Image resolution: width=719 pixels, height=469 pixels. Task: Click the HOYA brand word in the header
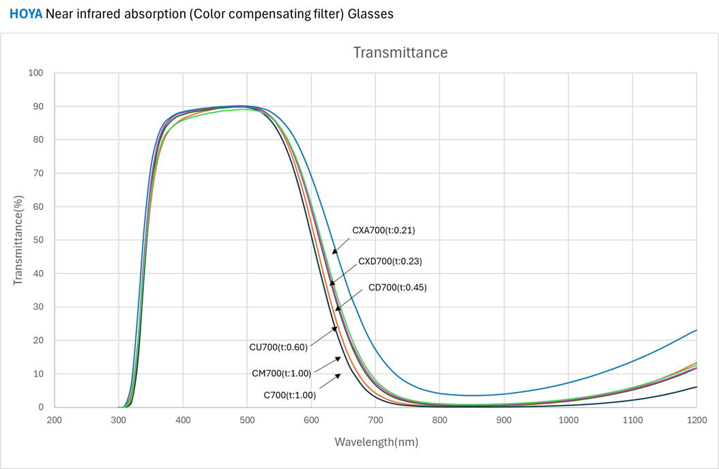click(x=25, y=14)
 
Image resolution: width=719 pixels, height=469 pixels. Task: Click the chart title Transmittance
click(x=400, y=52)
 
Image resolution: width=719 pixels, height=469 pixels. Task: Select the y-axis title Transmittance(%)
click(x=19, y=240)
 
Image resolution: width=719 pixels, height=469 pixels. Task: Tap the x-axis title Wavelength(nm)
click(x=376, y=442)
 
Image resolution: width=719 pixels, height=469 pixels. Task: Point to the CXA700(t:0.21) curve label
click(x=383, y=230)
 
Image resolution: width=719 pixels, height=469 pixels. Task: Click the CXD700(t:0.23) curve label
click(x=395, y=261)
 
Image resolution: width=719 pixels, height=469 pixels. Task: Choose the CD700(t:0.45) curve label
click(x=397, y=287)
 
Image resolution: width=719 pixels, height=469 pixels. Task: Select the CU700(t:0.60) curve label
click(x=278, y=347)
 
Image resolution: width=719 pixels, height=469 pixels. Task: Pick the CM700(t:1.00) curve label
click(x=281, y=373)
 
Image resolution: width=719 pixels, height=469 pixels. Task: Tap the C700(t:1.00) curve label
click(x=289, y=394)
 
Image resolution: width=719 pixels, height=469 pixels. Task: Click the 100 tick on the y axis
click(x=35, y=73)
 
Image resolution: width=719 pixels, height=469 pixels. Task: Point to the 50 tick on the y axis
click(x=38, y=240)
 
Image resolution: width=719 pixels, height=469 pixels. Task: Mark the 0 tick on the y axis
click(x=40, y=407)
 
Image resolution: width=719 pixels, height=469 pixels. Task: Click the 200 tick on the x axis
click(x=55, y=421)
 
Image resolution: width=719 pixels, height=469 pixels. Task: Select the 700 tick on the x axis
click(x=375, y=421)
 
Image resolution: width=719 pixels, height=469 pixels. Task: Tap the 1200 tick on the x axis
click(x=696, y=421)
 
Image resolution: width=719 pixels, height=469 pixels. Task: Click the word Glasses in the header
click(x=372, y=14)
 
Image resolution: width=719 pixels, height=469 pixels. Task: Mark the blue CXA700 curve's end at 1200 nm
click(x=696, y=330)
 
